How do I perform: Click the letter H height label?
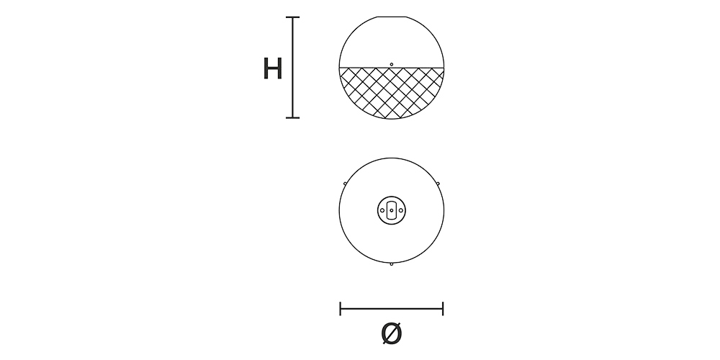(x=272, y=69)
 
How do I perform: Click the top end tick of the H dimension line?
(x=292, y=17)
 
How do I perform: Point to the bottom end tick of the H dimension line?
(x=292, y=117)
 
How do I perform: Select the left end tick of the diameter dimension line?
(x=341, y=309)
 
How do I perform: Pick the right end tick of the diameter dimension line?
(x=443, y=309)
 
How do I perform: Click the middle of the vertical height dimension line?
(x=292, y=68)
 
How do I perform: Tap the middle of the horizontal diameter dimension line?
(x=392, y=309)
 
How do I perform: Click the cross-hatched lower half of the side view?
(x=391, y=94)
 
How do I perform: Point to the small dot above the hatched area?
(x=391, y=64)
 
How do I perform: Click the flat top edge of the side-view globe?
(x=391, y=17)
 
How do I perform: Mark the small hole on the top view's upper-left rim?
(x=346, y=184)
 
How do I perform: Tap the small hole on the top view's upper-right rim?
(x=437, y=184)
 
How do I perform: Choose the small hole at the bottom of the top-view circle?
(x=391, y=264)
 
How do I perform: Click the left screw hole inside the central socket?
(x=382, y=210)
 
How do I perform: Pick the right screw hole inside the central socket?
(x=400, y=210)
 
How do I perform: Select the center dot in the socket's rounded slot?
(x=391, y=210)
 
